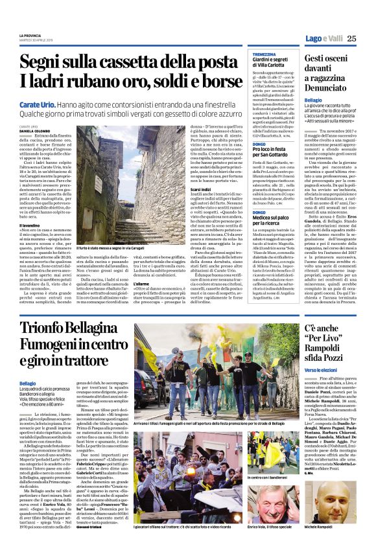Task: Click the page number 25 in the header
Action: (353, 39)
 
